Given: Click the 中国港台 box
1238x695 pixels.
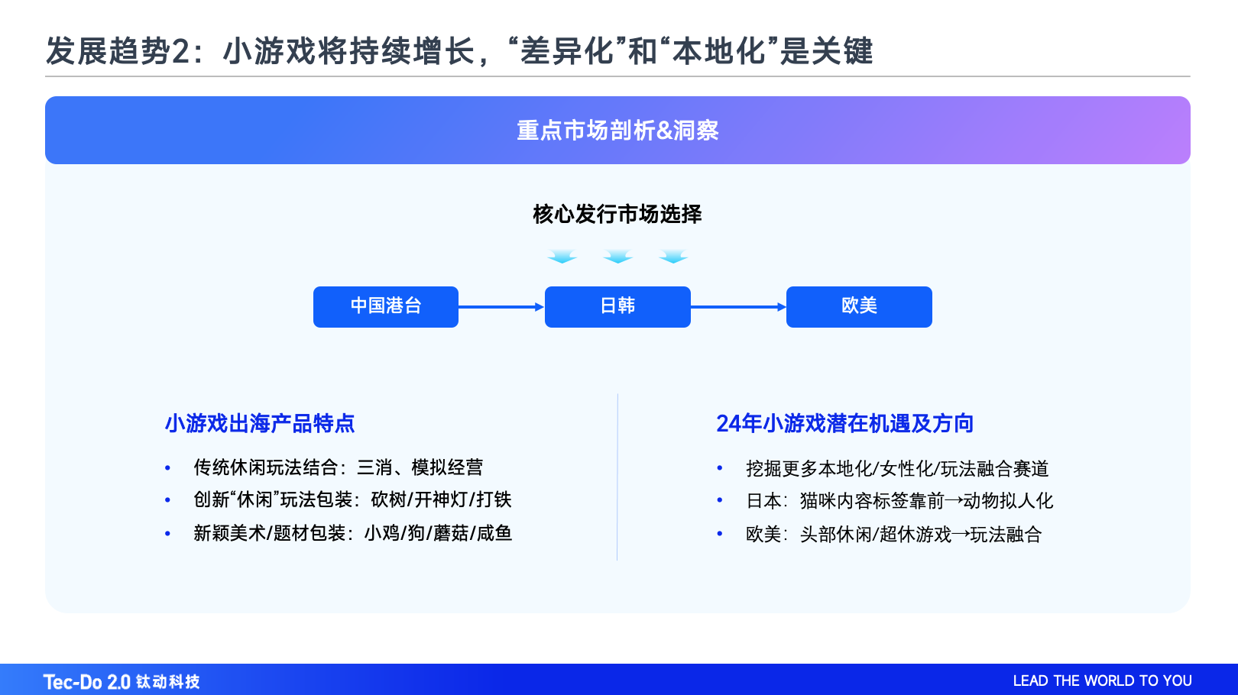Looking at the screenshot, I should coord(386,306).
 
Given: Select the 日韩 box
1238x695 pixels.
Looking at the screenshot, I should coord(617,306).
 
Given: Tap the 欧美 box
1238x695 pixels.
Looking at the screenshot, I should coord(859,306).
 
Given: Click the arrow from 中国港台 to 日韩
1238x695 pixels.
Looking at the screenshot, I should coord(501,307).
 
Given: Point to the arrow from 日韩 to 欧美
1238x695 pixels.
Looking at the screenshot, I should coord(738,307).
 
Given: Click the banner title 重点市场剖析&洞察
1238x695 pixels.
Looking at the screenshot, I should coord(617,131).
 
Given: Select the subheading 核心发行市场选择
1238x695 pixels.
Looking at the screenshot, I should coord(617,214).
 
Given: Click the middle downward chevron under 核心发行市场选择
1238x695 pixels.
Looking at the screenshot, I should coord(617,257).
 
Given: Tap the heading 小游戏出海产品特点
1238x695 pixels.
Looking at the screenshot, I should coord(260,423).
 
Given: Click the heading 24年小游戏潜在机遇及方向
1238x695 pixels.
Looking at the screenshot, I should coord(844,423).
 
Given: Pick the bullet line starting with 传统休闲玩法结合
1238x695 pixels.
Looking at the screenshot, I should coord(338,467).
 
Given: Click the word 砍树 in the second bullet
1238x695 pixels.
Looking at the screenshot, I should coord(388,499).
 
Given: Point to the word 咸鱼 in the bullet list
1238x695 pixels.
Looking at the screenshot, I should coord(494,533).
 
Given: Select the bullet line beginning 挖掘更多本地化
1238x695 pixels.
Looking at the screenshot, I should coord(897,468).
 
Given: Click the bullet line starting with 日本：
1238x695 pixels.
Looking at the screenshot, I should coord(899,501).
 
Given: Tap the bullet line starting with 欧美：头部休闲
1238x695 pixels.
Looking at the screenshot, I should coord(893,535).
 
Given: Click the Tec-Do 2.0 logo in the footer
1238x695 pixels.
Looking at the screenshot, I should coord(122,681).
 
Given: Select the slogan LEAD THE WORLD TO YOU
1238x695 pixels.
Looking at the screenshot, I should coord(1102,680).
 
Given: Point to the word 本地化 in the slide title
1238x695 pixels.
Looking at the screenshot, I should coord(719,52).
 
